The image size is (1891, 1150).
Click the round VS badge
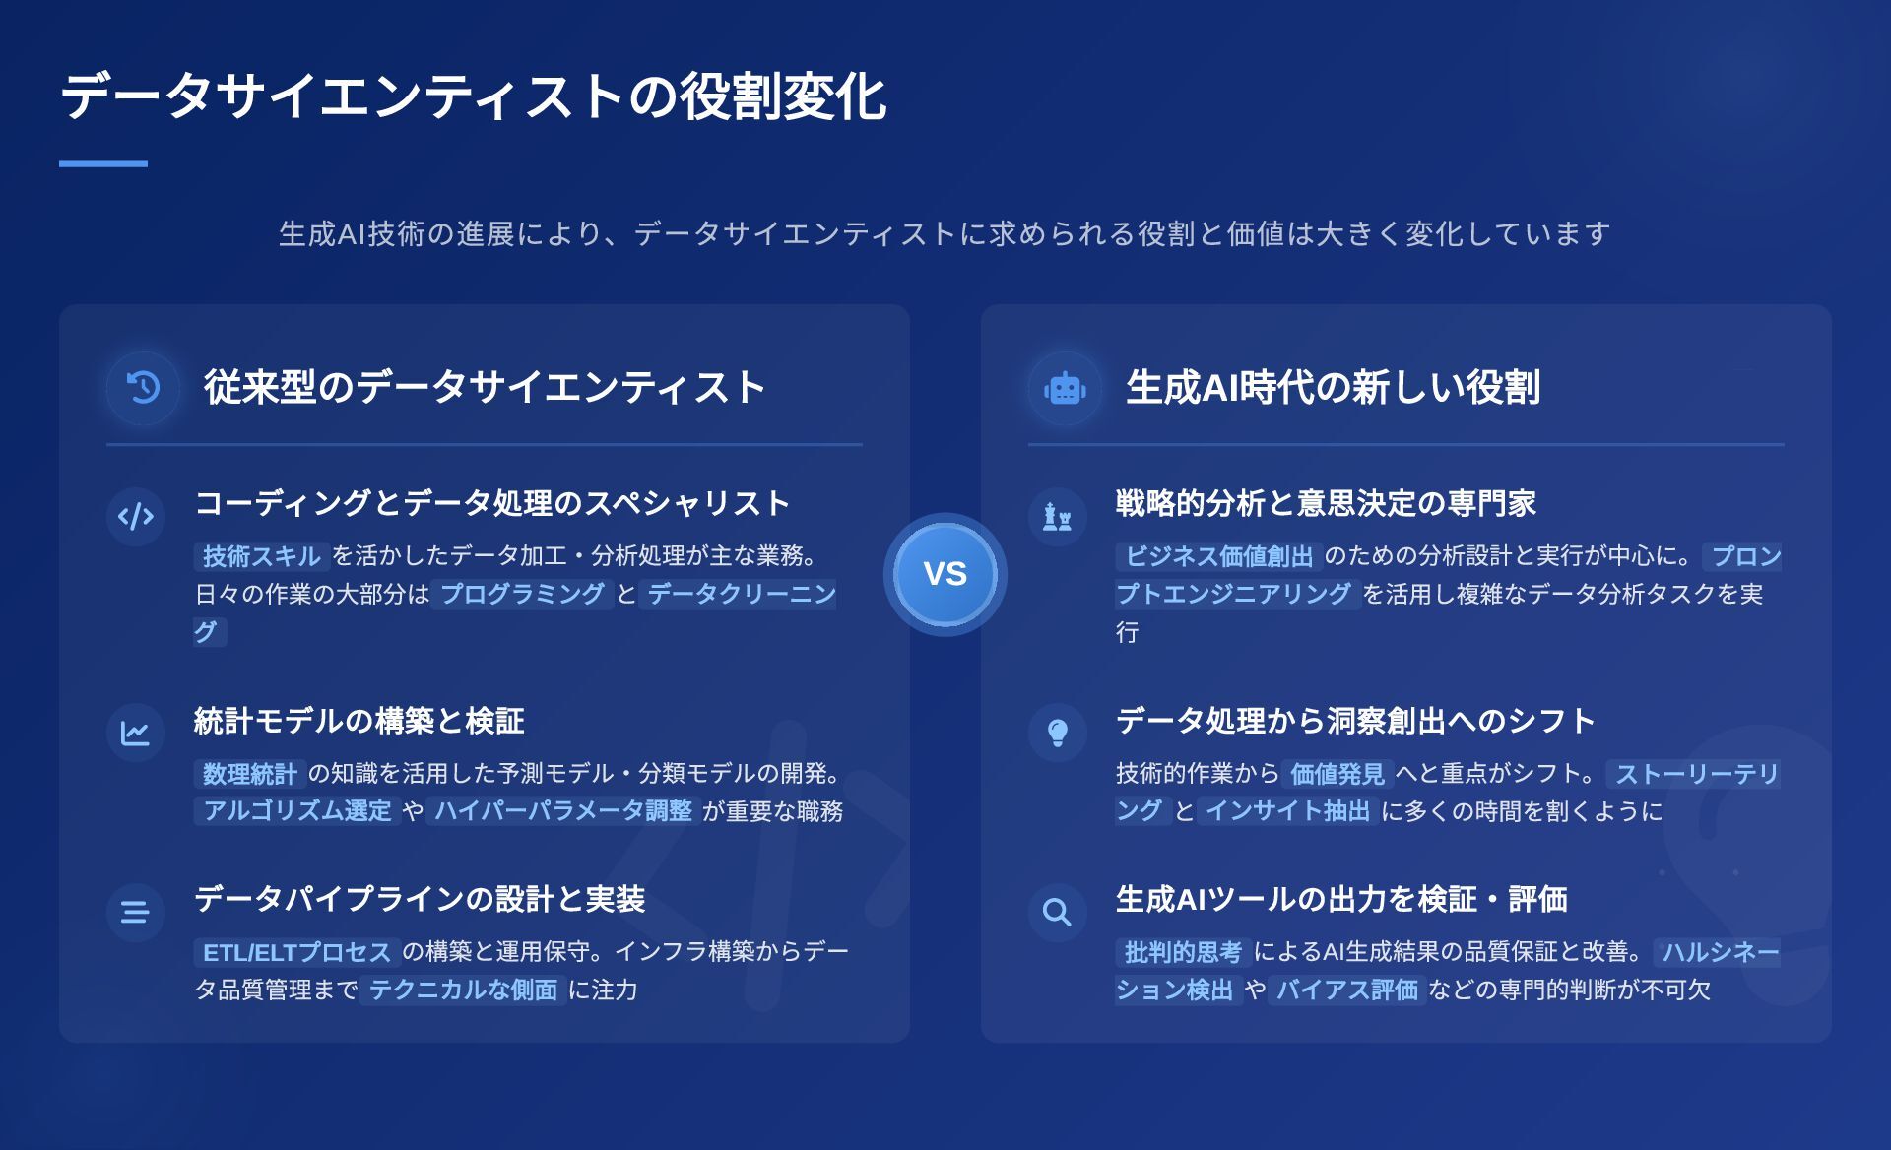[945, 574]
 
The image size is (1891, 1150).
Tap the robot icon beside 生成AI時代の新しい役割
[1065, 388]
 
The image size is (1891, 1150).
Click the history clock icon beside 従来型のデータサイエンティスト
[143, 388]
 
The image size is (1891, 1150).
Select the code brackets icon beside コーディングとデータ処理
[136, 516]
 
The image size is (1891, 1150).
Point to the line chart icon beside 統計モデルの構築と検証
[135, 734]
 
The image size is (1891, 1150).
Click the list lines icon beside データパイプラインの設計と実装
[135, 912]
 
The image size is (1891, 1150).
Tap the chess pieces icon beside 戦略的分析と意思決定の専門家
[1057, 516]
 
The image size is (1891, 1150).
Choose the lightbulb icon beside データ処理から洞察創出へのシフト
[1057, 733]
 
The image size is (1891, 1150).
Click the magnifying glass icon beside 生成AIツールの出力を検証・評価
[1057, 912]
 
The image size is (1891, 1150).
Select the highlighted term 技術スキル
[262, 556]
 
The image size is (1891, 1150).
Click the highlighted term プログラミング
[522, 594]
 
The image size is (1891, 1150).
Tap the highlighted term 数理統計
[249, 774]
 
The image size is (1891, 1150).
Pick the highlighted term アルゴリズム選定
[297, 811]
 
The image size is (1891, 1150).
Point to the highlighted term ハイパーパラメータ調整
[563, 811]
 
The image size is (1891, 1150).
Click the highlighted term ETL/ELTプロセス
[296, 952]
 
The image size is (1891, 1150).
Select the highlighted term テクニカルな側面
[463, 990]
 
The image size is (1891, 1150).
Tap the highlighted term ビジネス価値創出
[1219, 556]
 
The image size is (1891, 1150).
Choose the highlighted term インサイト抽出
[1288, 811]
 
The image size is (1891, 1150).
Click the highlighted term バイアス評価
[1347, 990]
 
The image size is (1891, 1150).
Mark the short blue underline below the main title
[103, 163]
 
